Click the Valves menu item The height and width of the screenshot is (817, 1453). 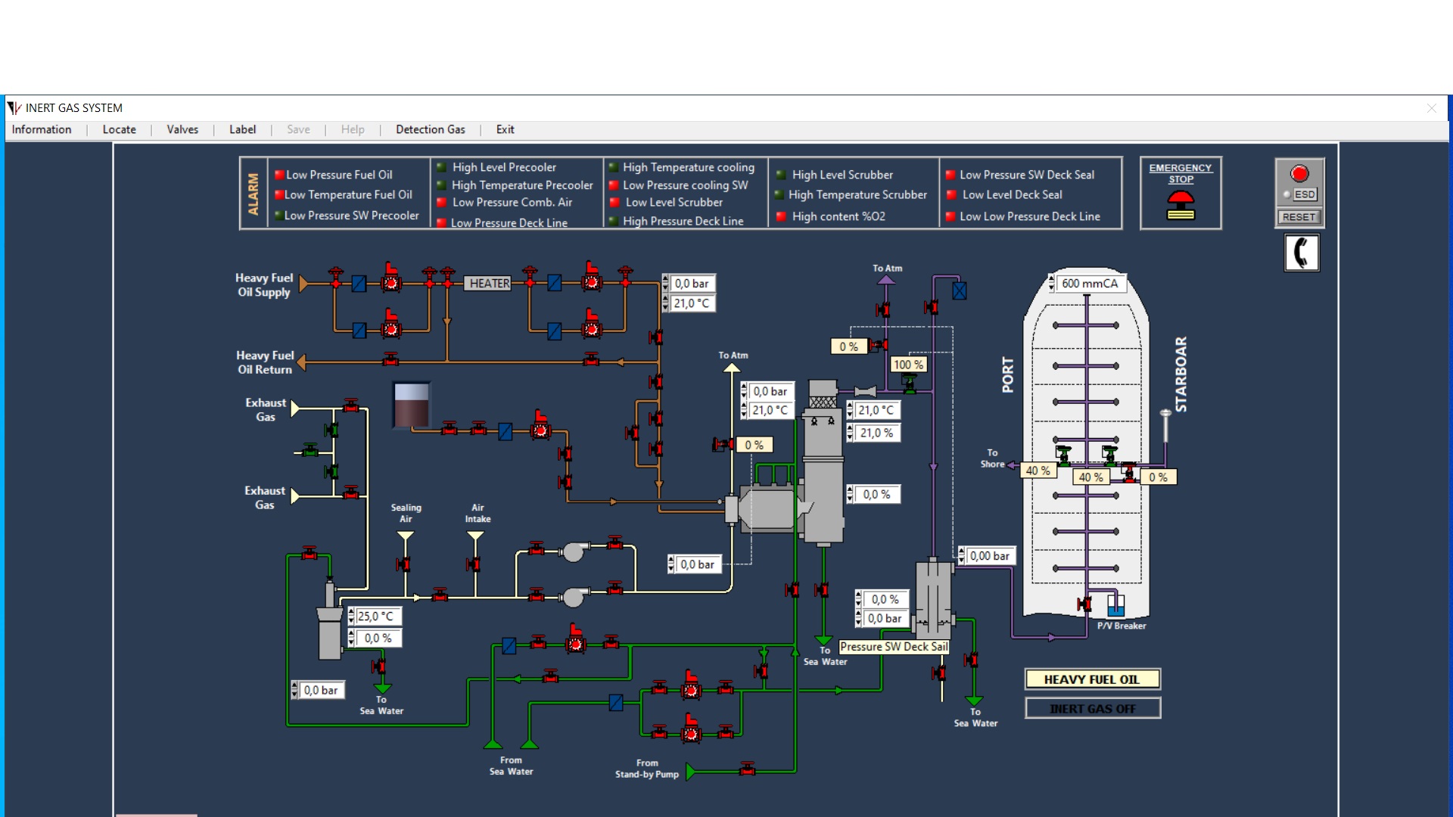tap(182, 129)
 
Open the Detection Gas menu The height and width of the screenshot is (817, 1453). tap(430, 129)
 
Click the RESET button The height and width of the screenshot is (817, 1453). tap(1299, 217)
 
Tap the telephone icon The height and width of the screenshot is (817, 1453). tap(1301, 253)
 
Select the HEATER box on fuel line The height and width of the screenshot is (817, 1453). tap(489, 284)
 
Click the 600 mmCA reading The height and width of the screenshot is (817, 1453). tap(1089, 284)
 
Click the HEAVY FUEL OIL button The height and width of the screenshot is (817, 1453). tap(1092, 679)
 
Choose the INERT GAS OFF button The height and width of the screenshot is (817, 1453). tap(1092, 709)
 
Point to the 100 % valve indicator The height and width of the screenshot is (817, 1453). tap(908, 365)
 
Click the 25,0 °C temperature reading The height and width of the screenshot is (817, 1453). tap(375, 617)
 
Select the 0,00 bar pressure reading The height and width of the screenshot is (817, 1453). tap(989, 556)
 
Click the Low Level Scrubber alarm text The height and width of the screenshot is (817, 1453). tap(674, 203)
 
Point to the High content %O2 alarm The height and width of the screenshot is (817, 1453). tap(838, 216)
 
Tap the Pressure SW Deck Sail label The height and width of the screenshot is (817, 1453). tap(894, 647)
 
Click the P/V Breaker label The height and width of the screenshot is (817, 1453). tap(1122, 626)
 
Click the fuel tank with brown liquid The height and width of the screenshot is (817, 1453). tap(412, 405)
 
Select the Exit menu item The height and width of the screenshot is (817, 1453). tap(505, 129)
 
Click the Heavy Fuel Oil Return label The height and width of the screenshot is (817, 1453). tap(264, 362)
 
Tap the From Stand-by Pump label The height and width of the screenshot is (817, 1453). tap(646, 769)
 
